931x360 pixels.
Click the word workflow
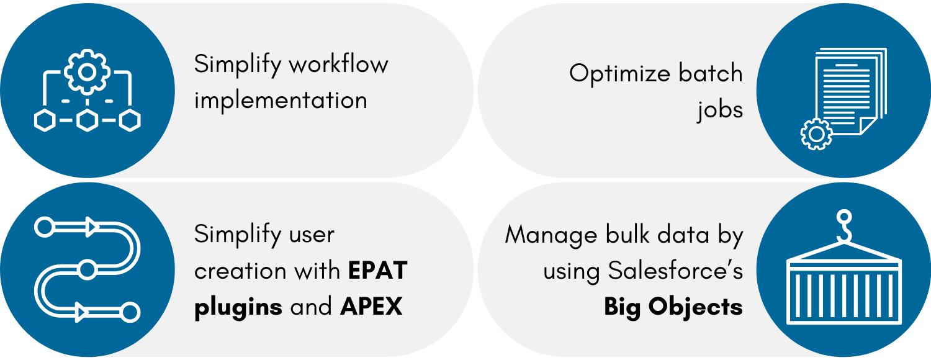coord(338,65)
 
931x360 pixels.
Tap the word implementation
coord(281,101)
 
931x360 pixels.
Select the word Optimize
coord(619,74)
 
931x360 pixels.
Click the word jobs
coord(720,110)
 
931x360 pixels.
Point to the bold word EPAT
coord(378,271)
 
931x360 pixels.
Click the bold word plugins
coord(238,308)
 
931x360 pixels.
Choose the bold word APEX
coord(371,307)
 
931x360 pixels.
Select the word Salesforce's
coord(675,271)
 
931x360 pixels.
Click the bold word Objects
coord(696,307)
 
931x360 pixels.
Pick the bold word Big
coord(622,308)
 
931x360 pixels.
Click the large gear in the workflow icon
coord(87,71)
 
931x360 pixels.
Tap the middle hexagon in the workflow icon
coord(88,120)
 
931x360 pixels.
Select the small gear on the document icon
coord(816,134)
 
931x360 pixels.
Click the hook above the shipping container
coord(844,226)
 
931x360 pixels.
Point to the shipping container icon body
coord(844,292)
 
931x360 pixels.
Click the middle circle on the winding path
coord(87,270)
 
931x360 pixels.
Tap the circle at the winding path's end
coord(130,312)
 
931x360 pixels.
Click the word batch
coord(711,73)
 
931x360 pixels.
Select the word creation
coord(240,271)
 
